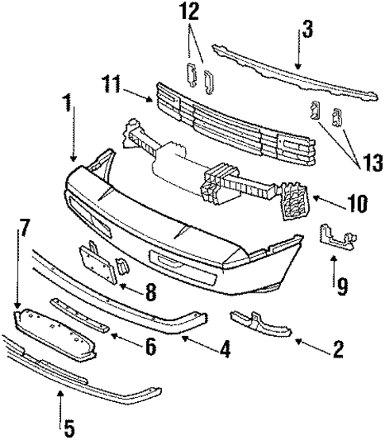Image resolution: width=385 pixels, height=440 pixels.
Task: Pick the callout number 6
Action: click(150, 346)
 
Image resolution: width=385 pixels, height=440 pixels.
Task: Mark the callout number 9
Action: click(343, 281)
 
